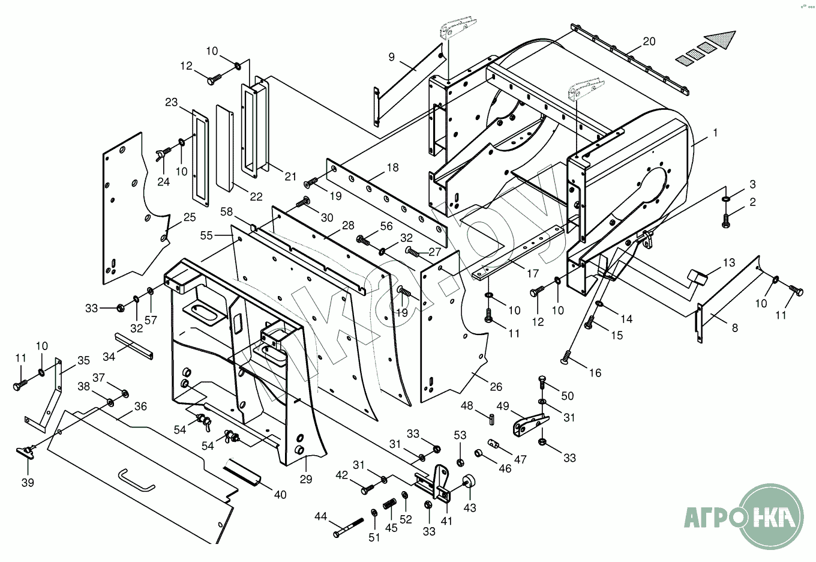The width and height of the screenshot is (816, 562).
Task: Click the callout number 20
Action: point(649,41)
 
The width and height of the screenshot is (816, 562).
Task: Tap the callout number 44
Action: point(321,516)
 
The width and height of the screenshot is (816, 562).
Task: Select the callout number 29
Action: point(306,479)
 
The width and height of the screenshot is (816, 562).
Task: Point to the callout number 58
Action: point(226,212)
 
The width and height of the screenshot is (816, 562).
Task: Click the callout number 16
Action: point(595,373)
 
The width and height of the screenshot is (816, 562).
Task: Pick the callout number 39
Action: point(28,483)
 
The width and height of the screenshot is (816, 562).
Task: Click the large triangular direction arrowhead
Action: point(720,40)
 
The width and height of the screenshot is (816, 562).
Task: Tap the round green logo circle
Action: point(772,516)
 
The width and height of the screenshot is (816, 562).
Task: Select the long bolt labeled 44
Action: point(349,527)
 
